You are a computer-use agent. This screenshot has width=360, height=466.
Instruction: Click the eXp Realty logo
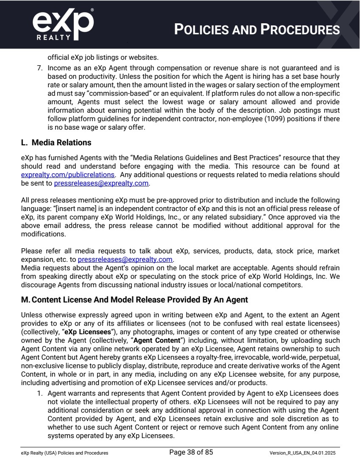[x=63, y=24]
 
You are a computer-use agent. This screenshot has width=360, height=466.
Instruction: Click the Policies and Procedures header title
[x=257, y=30]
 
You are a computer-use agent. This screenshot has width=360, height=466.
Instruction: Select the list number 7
[x=39, y=68]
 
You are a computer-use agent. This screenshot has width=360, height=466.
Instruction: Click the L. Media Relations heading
[x=56, y=143]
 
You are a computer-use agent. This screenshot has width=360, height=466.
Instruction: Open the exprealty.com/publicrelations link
[x=68, y=175]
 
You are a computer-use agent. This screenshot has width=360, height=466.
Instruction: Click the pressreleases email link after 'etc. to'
[x=125, y=259]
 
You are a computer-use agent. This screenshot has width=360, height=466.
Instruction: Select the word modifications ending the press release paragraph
[x=43, y=234]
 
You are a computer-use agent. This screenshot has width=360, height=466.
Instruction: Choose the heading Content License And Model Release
[x=134, y=300]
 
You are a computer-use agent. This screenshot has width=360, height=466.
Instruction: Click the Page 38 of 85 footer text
[x=191, y=452]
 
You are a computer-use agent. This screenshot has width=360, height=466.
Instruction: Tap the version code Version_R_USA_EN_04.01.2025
[x=302, y=453]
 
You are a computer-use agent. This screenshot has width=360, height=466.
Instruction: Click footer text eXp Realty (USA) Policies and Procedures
[x=64, y=453]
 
